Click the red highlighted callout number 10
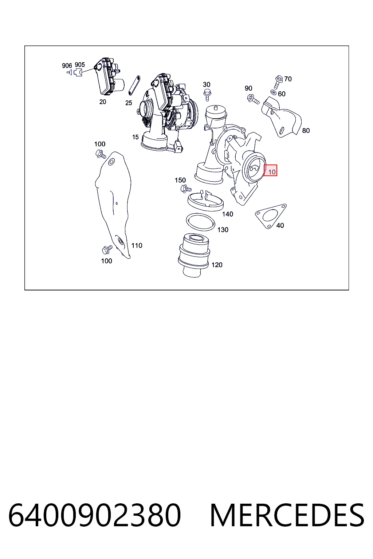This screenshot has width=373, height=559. [x=270, y=170]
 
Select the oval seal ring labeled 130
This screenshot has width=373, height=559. [x=201, y=222]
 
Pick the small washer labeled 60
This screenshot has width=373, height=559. [x=274, y=92]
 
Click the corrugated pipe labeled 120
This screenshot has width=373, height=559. [x=194, y=255]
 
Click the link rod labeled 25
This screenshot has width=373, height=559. [x=134, y=86]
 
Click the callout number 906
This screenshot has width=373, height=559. [x=67, y=66]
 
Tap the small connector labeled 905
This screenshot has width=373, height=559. [x=78, y=73]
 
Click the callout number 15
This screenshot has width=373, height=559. [x=135, y=137]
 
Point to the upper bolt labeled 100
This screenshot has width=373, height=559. [x=101, y=154]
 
